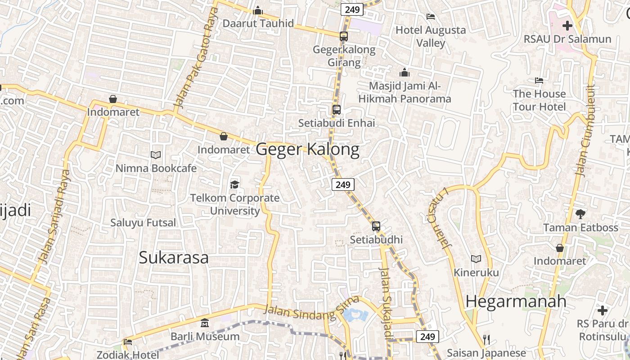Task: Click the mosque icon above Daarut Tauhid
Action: click(258, 10)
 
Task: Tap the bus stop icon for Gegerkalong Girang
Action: click(343, 36)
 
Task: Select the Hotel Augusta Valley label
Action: click(431, 36)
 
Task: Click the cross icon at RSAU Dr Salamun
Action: click(567, 26)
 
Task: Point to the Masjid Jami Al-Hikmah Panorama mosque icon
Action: click(405, 72)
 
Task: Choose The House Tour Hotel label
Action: click(539, 100)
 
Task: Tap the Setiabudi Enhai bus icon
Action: click(336, 109)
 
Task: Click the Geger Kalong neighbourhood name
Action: click(308, 149)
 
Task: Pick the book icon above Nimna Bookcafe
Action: click(156, 155)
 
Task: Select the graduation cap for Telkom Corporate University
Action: click(234, 184)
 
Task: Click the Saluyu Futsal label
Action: click(144, 222)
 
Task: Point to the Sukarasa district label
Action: click(173, 258)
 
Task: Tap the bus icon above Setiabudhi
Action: click(376, 226)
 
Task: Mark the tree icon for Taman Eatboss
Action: click(580, 214)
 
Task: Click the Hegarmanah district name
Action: click(516, 301)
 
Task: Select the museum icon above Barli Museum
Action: click(205, 323)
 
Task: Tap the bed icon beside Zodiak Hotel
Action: click(128, 342)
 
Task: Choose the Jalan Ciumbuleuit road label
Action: click(585, 130)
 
